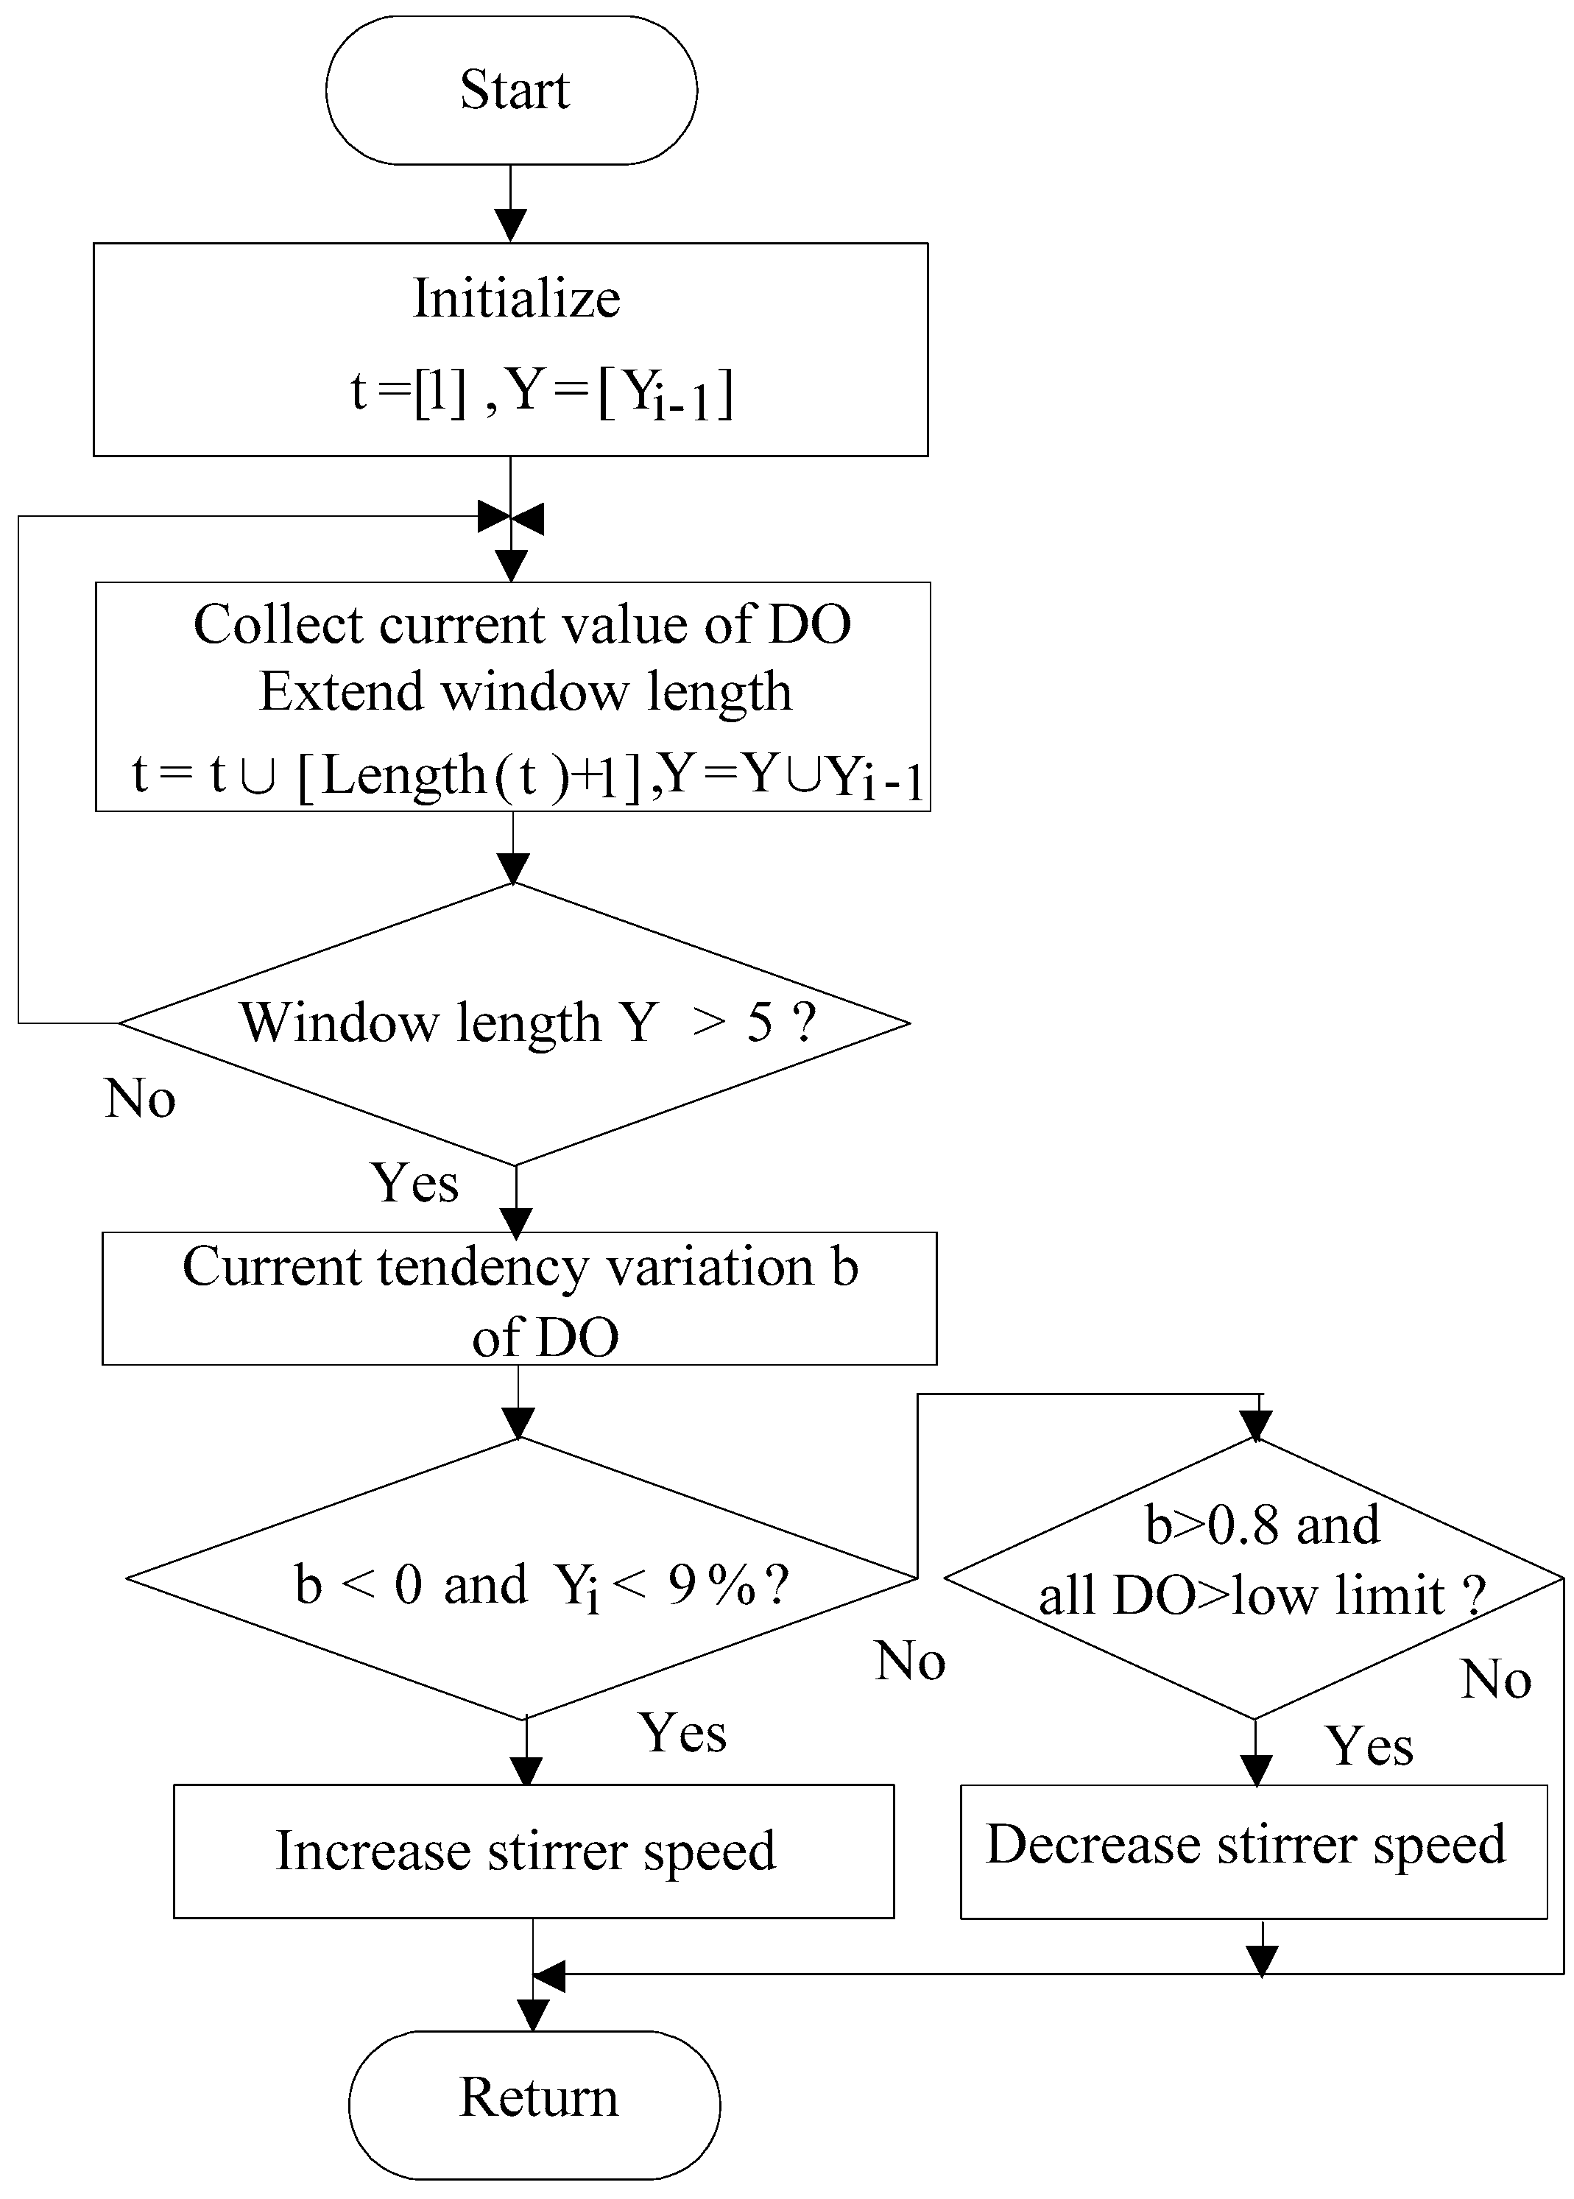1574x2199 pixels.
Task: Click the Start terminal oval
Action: pos(511,90)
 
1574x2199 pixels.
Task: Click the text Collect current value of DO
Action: pos(521,624)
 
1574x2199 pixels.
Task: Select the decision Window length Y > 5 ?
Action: pos(515,1023)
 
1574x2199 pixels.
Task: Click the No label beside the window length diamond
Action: pos(140,1099)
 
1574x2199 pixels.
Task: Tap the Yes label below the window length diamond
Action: pos(414,1183)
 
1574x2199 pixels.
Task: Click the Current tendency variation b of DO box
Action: pos(520,1299)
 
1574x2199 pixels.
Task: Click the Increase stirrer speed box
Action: pos(533,1851)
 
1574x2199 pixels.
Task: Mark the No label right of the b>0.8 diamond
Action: pos(1495,1679)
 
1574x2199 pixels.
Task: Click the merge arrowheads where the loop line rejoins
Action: pos(512,518)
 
